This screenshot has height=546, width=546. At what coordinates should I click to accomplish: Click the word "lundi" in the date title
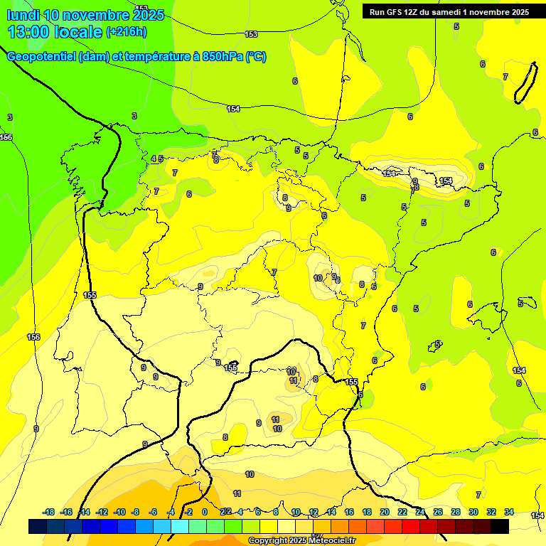(23, 15)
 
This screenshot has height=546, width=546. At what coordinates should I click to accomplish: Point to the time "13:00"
(29, 32)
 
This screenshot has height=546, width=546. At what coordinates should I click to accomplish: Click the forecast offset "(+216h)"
(127, 32)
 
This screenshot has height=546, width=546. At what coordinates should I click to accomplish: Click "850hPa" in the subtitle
(223, 57)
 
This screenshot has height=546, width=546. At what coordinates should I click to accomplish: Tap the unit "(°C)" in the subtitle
(256, 57)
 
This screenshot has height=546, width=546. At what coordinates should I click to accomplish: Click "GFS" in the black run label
(397, 12)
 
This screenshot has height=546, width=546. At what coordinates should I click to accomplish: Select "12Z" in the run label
(415, 12)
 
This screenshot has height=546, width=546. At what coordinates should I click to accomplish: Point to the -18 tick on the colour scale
(49, 512)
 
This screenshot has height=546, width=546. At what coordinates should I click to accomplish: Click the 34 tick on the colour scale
(509, 512)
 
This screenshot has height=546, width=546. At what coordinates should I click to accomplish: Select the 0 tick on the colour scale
(205, 512)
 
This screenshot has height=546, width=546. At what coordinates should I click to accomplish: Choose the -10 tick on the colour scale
(119, 512)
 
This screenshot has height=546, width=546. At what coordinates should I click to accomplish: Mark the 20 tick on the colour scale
(384, 512)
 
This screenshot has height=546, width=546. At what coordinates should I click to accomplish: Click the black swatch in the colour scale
(500, 527)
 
